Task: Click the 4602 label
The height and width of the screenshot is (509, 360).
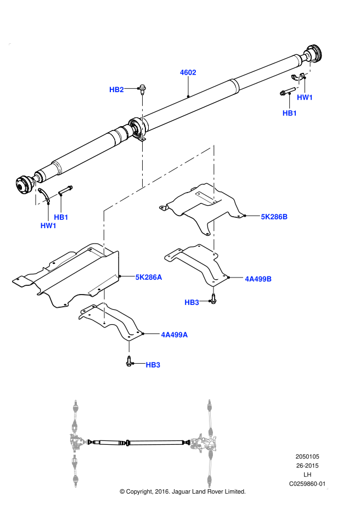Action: pyautogui.click(x=188, y=72)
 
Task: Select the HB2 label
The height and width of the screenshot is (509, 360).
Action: pyautogui.click(x=116, y=89)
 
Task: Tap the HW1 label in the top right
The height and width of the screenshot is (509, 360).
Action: pyautogui.click(x=305, y=98)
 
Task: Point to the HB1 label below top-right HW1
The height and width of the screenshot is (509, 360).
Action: pyautogui.click(x=290, y=113)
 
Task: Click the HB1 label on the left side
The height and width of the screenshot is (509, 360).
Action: pyautogui.click(x=61, y=217)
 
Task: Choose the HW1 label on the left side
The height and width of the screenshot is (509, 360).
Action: pyautogui.click(x=48, y=225)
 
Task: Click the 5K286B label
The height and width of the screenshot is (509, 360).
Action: pyautogui.click(x=274, y=217)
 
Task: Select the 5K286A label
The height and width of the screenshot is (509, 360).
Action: pyautogui.click(x=149, y=277)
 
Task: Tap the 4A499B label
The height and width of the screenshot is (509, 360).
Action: pyautogui.click(x=258, y=279)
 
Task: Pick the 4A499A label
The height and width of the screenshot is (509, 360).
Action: pyautogui.click(x=175, y=335)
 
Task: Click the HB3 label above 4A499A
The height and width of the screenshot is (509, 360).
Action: pyautogui.click(x=192, y=302)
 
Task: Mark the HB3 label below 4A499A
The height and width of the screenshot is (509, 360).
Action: pyautogui.click(x=153, y=365)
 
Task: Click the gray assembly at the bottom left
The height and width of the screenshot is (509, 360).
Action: pyautogui.click(x=76, y=442)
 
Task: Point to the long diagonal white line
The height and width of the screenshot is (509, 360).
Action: pyautogui.click(x=159, y=178)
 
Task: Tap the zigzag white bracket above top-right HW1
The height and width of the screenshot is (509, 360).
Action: pyautogui.click(x=306, y=74)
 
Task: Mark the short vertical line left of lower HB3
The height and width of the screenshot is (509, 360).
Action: pyautogui.click(x=129, y=348)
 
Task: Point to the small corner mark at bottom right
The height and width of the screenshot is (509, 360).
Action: pyautogui.click(x=327, y=488)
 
